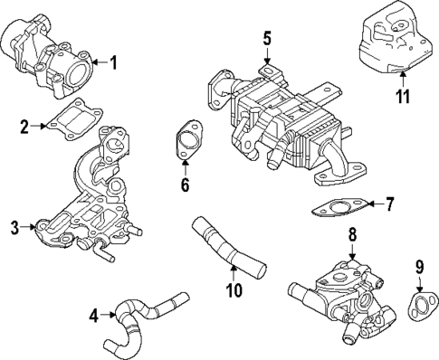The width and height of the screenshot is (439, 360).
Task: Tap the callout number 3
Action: tap(14, 227)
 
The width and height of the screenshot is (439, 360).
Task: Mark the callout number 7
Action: tap(389, 204)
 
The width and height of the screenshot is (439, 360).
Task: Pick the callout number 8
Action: tap(351, 235)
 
